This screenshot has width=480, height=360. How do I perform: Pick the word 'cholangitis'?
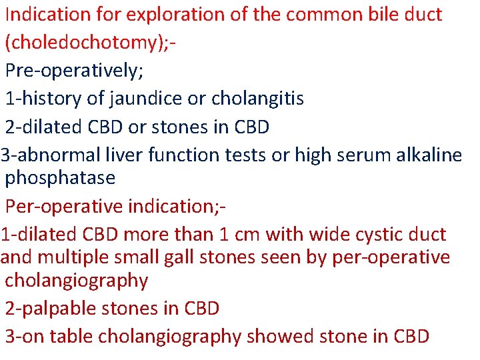258,99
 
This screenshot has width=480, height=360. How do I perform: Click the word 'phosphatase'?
60,179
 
